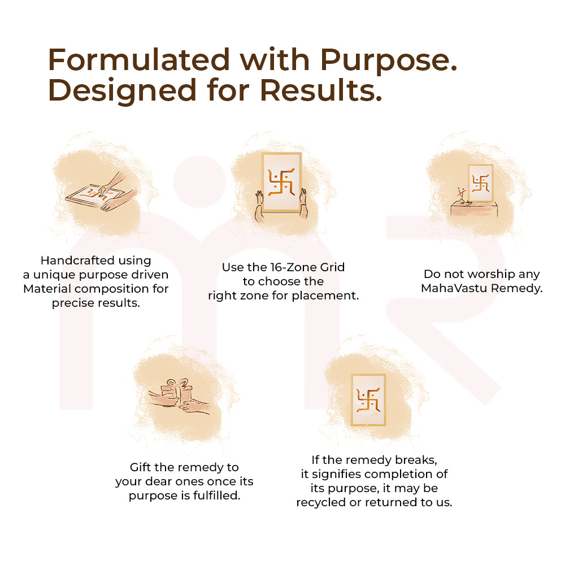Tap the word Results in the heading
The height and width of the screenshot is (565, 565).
321,90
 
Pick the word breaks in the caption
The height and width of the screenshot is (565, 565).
416,460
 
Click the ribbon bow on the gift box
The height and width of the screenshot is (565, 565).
177,383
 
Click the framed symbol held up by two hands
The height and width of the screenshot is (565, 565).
281,182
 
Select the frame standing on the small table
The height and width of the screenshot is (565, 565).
481,183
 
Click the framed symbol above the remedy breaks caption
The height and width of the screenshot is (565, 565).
368,399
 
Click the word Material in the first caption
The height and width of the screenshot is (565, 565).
47,289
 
